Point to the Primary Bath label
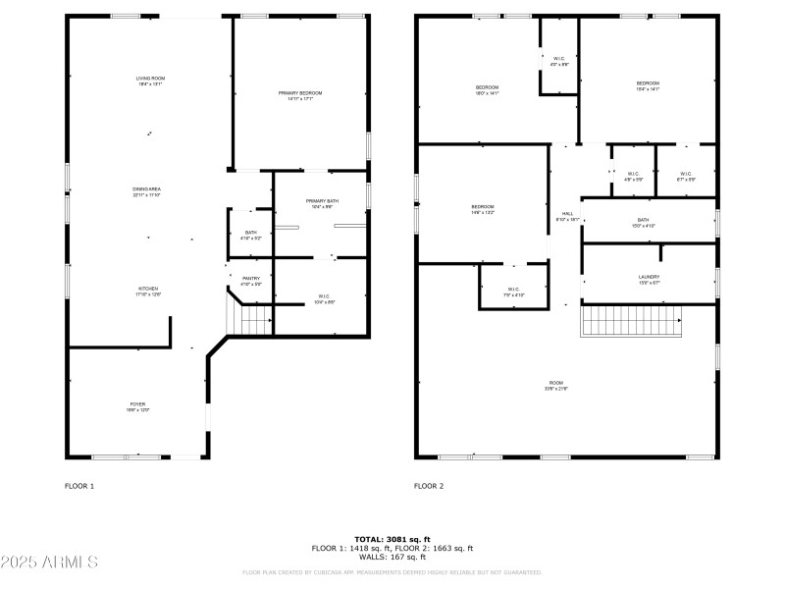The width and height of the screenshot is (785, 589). click(322, 203)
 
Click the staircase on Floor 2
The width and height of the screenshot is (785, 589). click(631, 320)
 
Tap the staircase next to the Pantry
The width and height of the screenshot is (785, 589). click(255, 318)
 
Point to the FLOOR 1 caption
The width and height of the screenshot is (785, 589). click(79, 486)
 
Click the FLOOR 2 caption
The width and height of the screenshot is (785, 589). click(429, 486)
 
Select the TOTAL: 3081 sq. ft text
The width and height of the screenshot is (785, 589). click(392, 539)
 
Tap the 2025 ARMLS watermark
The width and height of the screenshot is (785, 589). click(49, 562)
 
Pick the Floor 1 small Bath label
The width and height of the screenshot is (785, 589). click(251, 235)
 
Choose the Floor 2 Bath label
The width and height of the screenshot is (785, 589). click(643, 223)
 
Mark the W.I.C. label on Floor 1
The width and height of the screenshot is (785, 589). click(323, 297)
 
